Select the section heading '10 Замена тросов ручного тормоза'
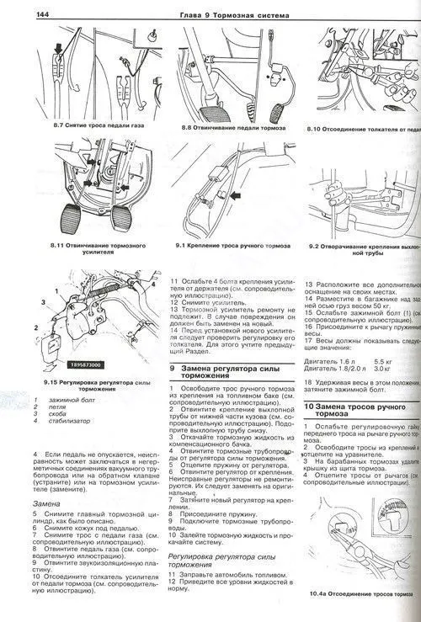[x=358, y=410]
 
